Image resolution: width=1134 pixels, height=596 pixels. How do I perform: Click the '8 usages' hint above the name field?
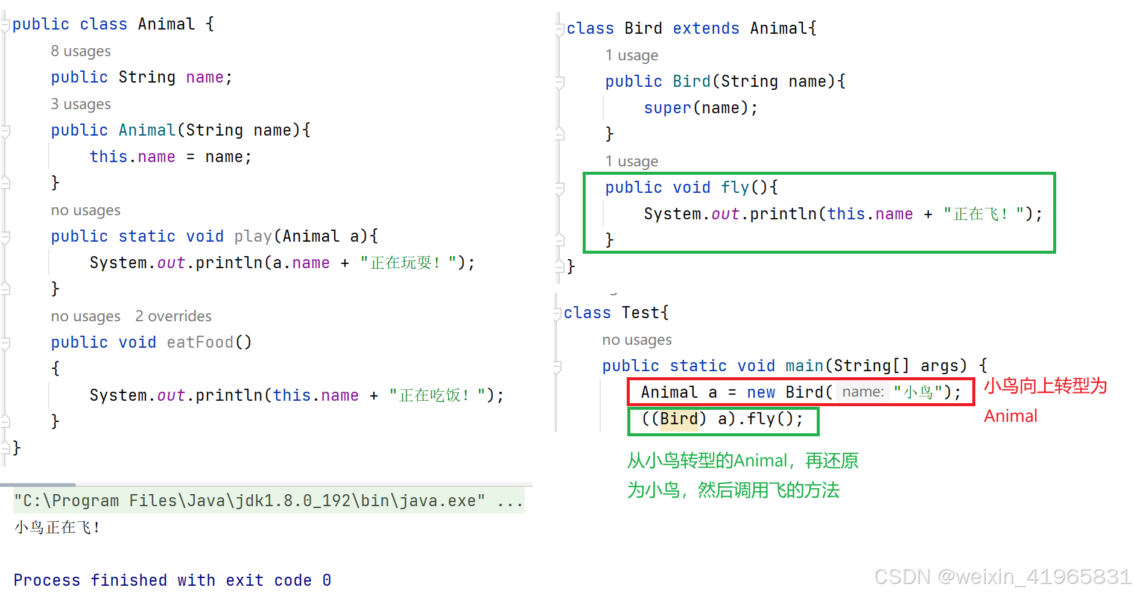(81, 51)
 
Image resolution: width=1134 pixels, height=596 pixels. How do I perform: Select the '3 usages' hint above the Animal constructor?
(81, 104)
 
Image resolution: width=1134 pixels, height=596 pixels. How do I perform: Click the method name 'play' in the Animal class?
(253, 236)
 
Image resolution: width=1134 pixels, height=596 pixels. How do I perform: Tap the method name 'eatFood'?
(200, 342)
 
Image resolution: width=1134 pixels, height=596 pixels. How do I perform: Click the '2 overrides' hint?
(173, 316)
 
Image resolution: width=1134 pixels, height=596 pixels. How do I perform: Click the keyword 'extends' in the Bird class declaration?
(706, 28)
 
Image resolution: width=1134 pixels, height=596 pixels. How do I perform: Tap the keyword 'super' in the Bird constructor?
(667, 108)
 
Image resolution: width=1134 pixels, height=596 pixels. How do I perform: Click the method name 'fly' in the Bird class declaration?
(735, 187)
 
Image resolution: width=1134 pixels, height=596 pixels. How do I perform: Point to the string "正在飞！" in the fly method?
(980, 214)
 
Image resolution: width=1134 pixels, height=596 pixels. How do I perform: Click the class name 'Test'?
(641, 313)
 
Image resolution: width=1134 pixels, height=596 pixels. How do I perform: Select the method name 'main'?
(804, 366)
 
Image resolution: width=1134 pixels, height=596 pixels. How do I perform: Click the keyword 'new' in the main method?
(761, 392)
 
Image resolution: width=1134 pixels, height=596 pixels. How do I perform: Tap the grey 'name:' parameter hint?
(863, 392)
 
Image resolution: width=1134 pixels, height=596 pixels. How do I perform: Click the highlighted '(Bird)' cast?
(679, 419)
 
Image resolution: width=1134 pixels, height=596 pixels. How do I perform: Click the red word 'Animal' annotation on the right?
(1010, 416)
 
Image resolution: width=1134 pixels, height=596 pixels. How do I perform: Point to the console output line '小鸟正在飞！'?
(57, 527)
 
